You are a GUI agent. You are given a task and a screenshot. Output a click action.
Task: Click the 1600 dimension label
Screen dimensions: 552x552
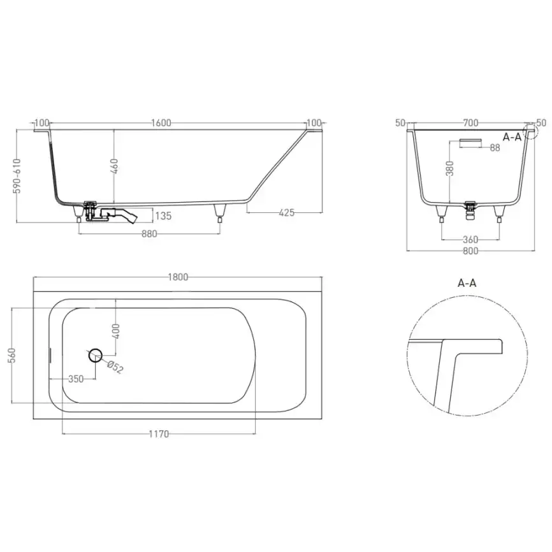pos(162,124)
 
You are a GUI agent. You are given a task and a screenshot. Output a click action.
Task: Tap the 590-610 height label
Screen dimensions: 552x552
pos(17,176)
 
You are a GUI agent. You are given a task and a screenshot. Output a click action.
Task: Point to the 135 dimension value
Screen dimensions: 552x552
pos(163,216)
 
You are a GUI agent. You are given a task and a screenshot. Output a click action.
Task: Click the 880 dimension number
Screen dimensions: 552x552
pos(149,234)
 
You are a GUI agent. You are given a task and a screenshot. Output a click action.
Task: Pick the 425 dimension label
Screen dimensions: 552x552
pos(287,213)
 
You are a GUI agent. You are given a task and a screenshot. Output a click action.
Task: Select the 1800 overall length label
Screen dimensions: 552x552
pos(178,277)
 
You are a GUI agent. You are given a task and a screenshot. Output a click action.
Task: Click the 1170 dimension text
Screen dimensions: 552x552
pos(159,434)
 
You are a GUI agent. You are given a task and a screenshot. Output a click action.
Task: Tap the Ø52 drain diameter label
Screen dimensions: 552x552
pos(114,367)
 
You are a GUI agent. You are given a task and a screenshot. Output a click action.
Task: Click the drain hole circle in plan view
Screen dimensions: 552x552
pos(95,355)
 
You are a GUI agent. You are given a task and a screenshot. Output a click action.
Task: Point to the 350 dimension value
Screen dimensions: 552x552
pos(75,379)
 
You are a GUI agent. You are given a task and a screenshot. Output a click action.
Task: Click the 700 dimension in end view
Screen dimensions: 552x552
pos(470,122)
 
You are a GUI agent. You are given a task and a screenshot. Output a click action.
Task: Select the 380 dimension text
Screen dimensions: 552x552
pos(450,168)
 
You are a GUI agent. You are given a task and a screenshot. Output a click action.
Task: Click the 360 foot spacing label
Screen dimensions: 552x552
pos(470,240)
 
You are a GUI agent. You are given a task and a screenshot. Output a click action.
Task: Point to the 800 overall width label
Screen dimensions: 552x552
pos(470,251)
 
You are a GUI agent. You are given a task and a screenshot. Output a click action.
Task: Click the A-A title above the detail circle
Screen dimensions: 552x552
pos(467,283)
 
